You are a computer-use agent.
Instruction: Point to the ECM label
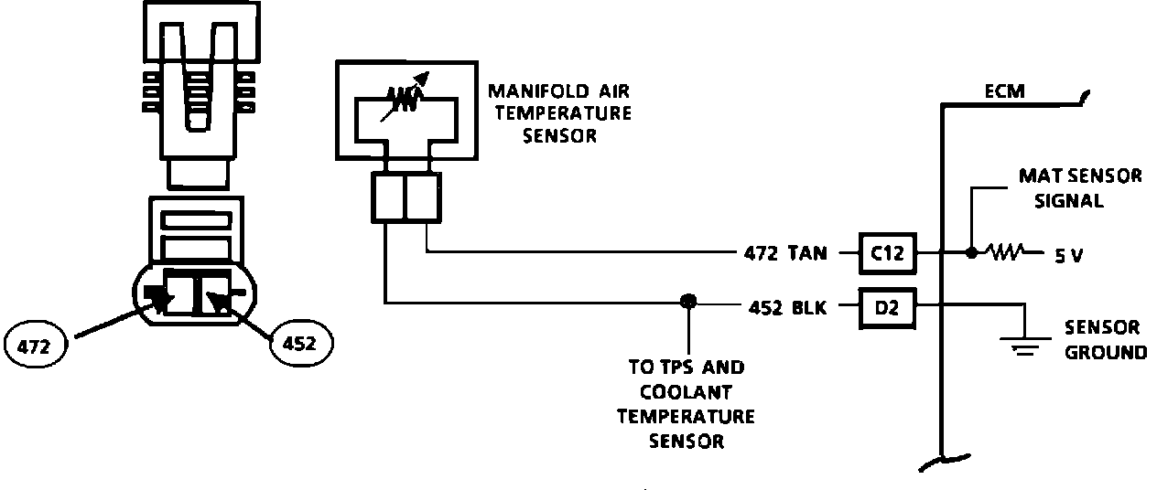click(1004, 91)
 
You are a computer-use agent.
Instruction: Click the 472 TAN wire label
click(784, 253)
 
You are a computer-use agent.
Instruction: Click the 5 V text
click(1068, 256)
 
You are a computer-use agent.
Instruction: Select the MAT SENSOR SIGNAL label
click(1080, 187)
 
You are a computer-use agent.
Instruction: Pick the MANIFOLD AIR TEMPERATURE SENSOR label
click(559, 113)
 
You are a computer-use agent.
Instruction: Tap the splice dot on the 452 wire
click(687, 302)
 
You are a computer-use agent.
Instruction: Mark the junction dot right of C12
click(970, 252)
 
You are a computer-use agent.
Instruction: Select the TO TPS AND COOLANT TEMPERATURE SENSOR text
click(687, 404)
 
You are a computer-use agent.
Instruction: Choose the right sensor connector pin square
click(424, 199)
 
